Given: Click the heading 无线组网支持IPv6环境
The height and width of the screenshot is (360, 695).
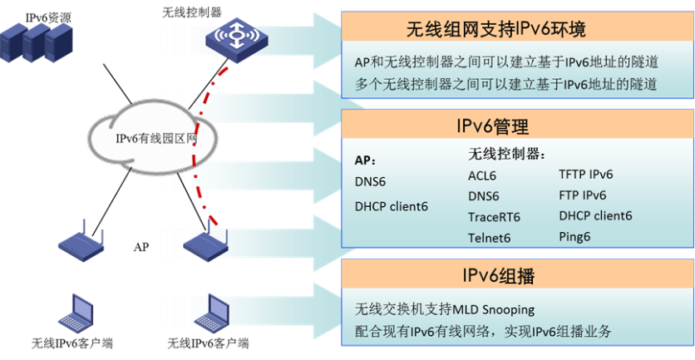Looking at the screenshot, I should click(495, 30).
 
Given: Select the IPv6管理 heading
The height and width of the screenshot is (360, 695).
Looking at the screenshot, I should click(492, 126).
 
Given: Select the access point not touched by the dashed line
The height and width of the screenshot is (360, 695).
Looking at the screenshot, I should click(81, 242).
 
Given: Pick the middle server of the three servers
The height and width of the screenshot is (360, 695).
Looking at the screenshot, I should click(36, 42).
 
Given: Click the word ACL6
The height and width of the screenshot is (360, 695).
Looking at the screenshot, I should click(483, 175).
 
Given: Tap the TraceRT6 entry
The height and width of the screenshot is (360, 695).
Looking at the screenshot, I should click(493, 217).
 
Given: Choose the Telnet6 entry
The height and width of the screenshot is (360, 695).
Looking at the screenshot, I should click(489, 238).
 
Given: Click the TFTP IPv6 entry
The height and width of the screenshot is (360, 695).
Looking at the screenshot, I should click(585, 175).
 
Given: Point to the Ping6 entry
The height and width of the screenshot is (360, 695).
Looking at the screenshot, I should click(574, 237).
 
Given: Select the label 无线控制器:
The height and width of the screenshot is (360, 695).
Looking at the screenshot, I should click(506, 154).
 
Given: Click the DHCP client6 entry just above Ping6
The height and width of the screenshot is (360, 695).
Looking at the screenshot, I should click(595, 216).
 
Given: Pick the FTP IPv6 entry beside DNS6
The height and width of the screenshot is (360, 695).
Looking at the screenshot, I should click(582, 195).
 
